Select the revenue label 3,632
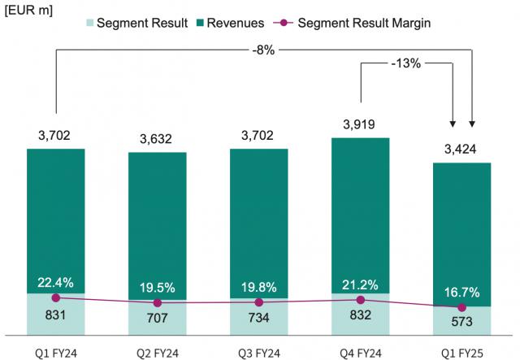[157, 139]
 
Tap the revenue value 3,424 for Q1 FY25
[461, 150]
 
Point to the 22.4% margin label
[55, 283]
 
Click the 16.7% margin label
[461, 292]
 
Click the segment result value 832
[360, 315]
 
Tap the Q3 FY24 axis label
[258, 353]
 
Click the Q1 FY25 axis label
[461, 353]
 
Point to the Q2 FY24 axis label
[157, 353]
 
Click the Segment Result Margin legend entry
[364, 23]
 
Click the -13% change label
[405, 63]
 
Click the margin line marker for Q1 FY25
[461, 307]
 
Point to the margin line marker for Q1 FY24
[55, 297]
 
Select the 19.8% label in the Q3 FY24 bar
[258, 287]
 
